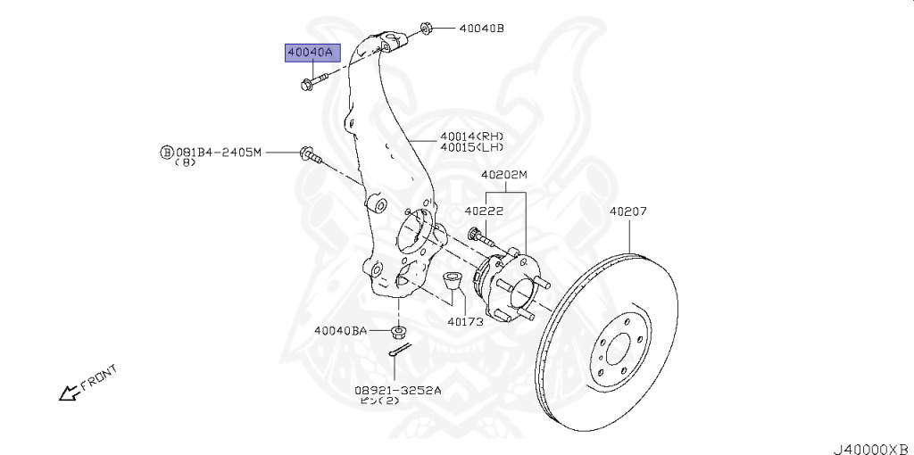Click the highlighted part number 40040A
point(309,53)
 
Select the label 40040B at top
point(482,29)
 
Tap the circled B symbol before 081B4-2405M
point(165,153)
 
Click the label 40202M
point(504,175)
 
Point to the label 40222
point(484,211)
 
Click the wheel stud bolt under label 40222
point(483,238)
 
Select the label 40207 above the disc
point(628,212)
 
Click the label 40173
point(465,321)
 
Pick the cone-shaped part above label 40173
point(453,283)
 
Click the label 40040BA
point(340,331)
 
